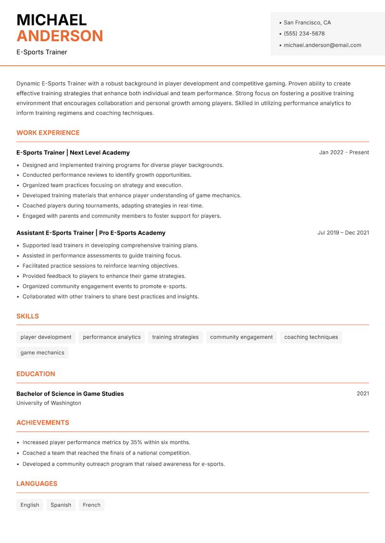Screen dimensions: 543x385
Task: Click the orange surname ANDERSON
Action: (x=60, y=36)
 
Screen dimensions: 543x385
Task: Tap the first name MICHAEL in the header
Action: (x=51, y=20)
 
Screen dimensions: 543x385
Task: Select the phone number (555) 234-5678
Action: (x=304, y=34)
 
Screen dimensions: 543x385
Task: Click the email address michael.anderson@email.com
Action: (x=322, y=45)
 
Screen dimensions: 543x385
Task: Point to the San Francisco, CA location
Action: (x=307, y=23)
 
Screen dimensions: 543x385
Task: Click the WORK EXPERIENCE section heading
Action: (x=48, y=133)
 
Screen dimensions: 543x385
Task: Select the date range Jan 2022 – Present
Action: (x=344, y=152)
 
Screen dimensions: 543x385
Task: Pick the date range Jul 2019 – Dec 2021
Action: (x=343, y=233)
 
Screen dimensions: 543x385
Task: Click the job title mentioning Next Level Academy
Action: (x=73, y=152)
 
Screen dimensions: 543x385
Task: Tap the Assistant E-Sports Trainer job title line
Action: (x=91, y=233)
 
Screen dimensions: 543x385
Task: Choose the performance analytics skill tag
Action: (x=112, y=337)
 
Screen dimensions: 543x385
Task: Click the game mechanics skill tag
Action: (x=42, y=353)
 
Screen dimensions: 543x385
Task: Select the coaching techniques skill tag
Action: (x=311, y=337)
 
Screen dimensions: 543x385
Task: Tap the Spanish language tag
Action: (x=61, y=505)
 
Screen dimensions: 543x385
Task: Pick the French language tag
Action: (x=91, y=505)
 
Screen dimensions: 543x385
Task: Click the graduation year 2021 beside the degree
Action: (x=363, y=394)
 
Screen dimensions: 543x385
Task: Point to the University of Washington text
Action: (x=49, y=403)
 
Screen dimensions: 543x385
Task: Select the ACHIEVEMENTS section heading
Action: (x=43, y=423)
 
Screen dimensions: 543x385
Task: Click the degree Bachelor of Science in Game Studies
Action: (x=70, y=394)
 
